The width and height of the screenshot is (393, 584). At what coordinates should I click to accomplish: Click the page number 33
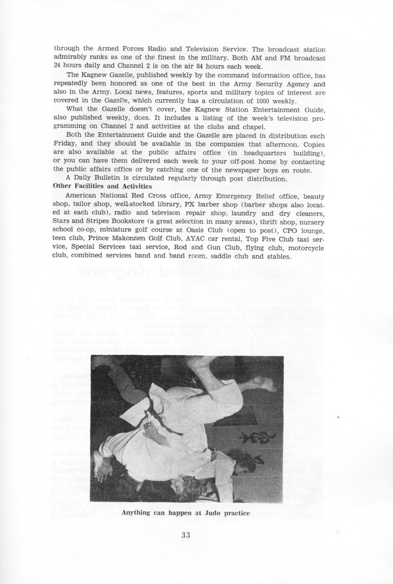pyautogui.click(x=185, y=535)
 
